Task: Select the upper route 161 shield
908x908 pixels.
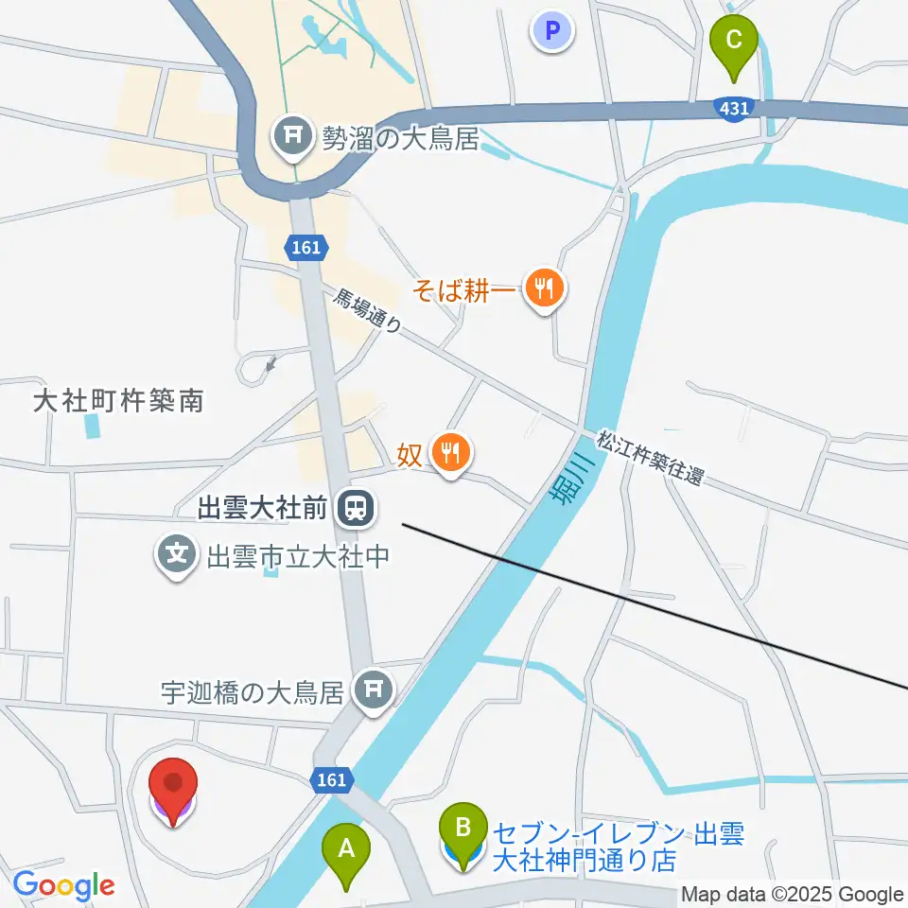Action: click(306, 248)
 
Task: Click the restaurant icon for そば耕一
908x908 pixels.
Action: click(544, 286)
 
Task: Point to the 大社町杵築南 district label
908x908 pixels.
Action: click(118, 401)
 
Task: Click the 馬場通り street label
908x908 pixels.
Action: click(367, 311)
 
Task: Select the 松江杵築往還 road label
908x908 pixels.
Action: click(650, 459)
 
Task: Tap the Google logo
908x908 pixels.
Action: click(63, 885)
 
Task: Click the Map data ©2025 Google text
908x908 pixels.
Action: click(793, 895)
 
